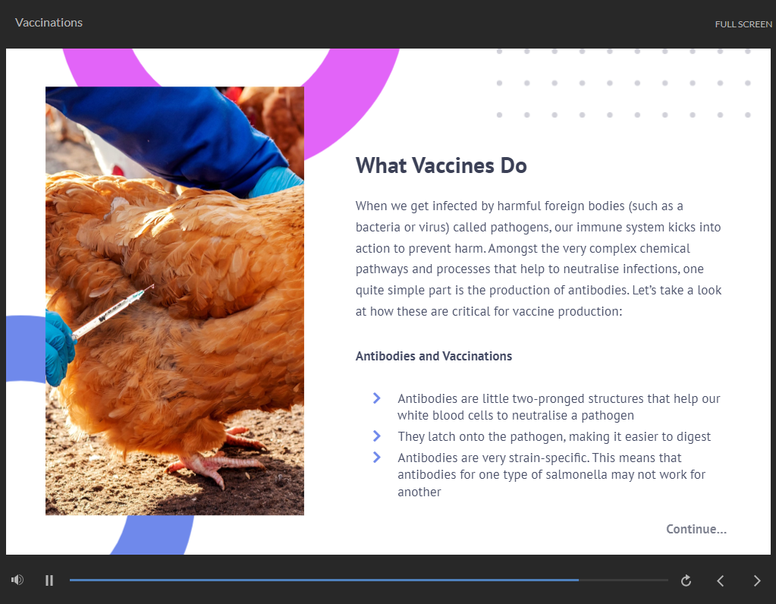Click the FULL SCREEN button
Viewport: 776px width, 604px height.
pyautogui.click(x=743, y=24)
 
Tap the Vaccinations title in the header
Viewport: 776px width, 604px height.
pyautogui.click(x=49, y=23)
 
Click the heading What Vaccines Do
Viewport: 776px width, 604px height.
pyautogui.click(x=441, y=165)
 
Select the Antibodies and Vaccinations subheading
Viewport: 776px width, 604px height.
pyautogui.click(x=434, y=356)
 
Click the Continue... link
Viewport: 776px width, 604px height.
pyautogui.click(x=696, y=529)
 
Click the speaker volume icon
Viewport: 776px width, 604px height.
pyautogui.click(x=17, y=580)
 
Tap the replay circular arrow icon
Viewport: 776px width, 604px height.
pyautogui.click(x=686, y=580)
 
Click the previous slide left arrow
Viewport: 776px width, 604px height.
pyautogui.click(x=721, y=580)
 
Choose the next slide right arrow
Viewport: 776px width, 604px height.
pyautogui.click(x=757, y=580)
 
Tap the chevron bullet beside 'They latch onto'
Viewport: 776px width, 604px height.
pyautogui.click(x=376, y=436)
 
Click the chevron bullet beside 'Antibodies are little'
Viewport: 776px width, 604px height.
pyautogui.click(x=376, y=398)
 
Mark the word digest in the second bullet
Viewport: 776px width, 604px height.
pyautogui.click(x=693, y=436)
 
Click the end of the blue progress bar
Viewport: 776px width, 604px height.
pyautogui.click(x=579, y=580)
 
